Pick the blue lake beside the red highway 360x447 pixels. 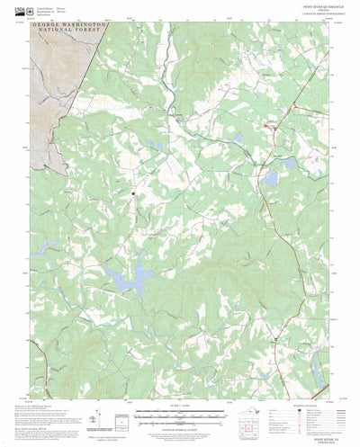[x=269, y=179]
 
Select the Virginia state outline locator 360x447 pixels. [x=241, y=412]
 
